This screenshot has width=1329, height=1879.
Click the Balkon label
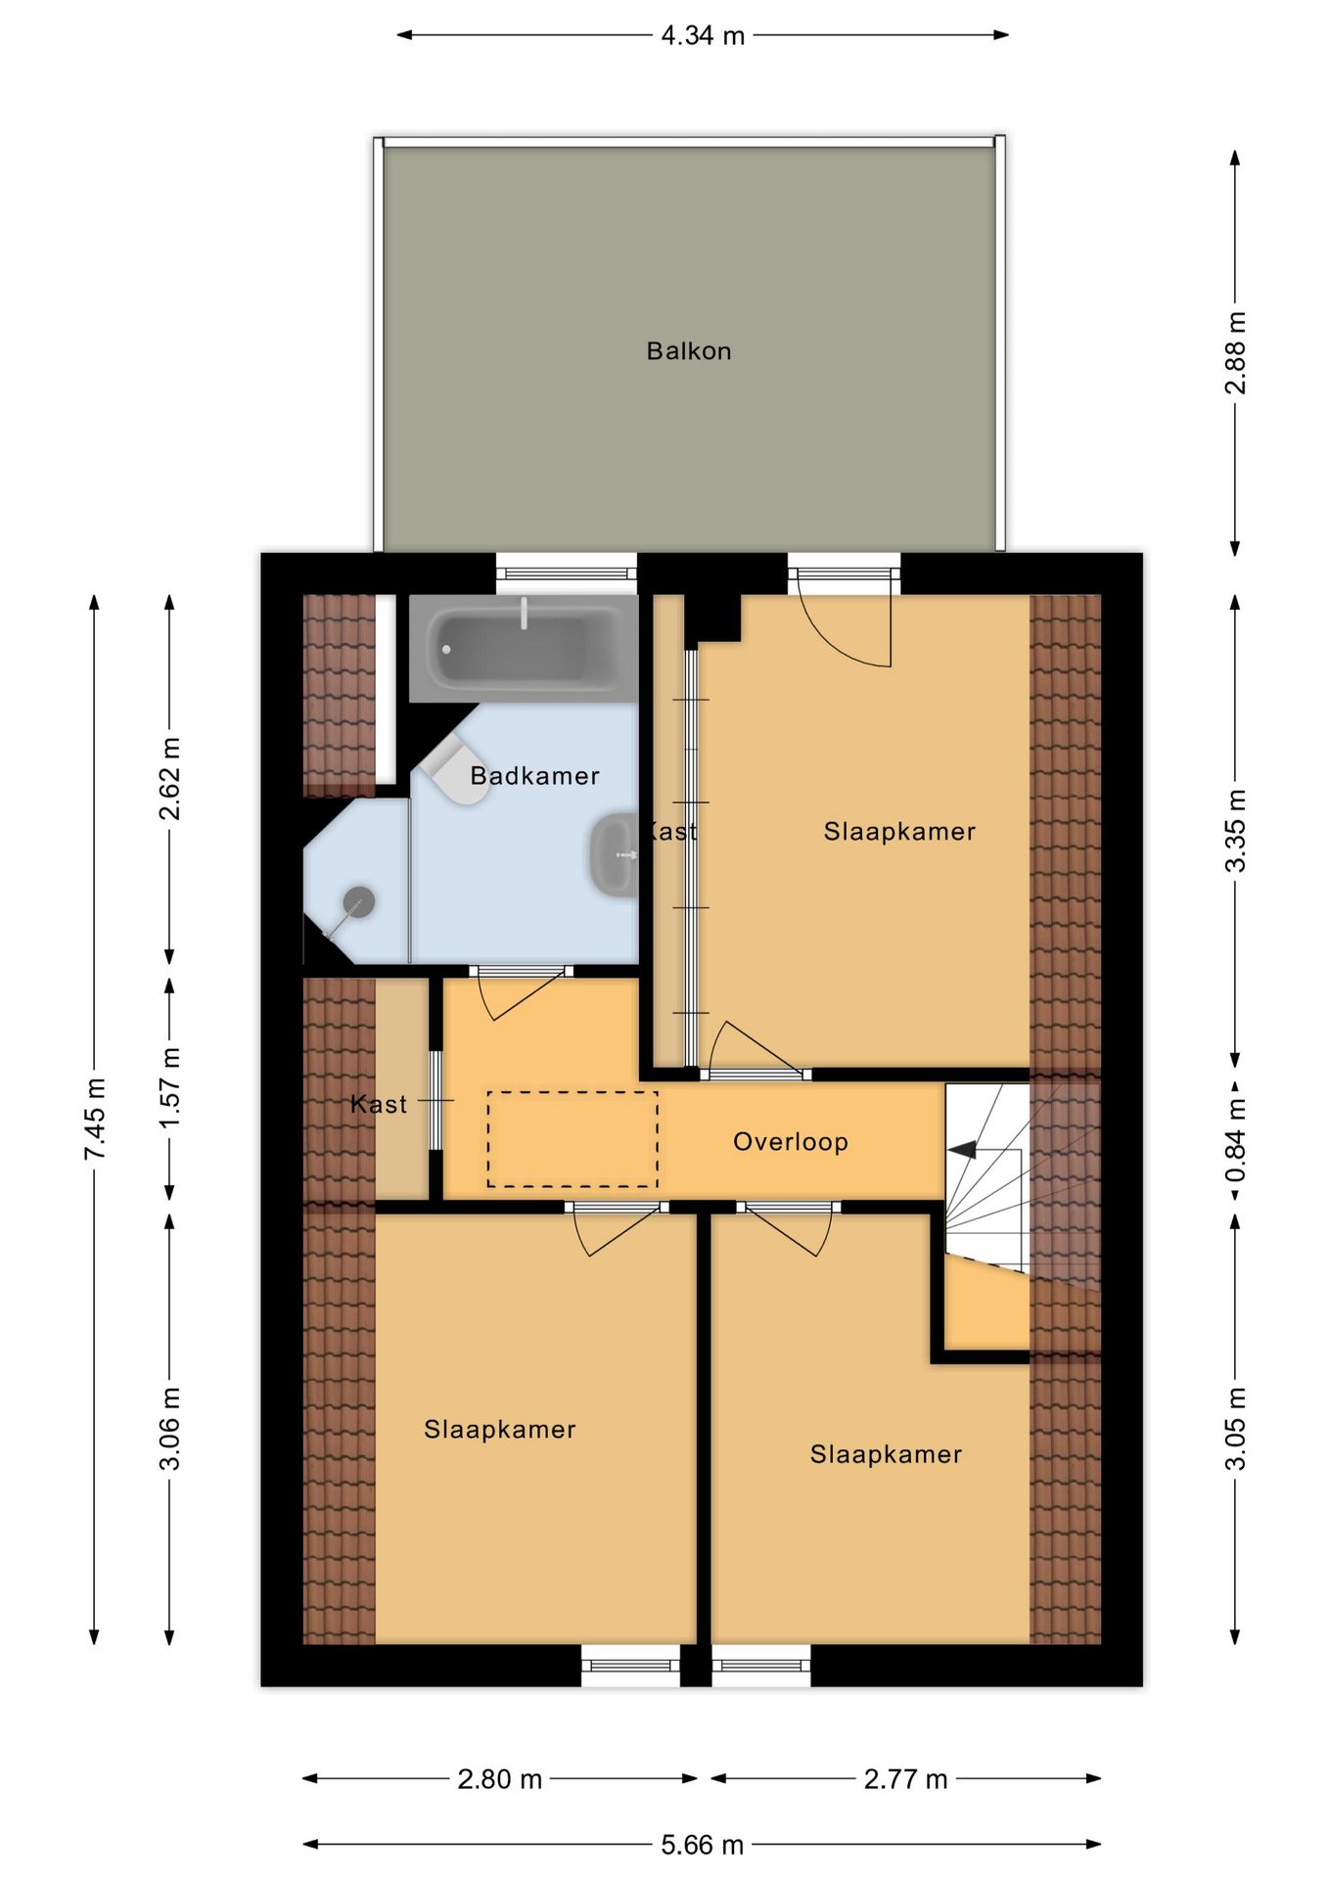click(x=689, y=351)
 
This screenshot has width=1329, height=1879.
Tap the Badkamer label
click(x=534, y=776)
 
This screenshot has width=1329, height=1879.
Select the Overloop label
click(x=791, y=1142)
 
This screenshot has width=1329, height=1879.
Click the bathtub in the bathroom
click(x=523, y=648)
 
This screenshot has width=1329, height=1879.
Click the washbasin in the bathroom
click(x=614, y=853)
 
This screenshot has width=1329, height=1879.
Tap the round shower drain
click(x=359, y=900)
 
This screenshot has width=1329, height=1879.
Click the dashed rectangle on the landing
click(x=573, y=1139)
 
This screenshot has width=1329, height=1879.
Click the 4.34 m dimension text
click(x=703, y=36)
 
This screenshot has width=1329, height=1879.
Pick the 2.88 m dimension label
click(x=1236, y=353)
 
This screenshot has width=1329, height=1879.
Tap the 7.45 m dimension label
click(x=95, y=1120)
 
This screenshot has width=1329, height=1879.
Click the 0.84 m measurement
click(x=1236, y=1140)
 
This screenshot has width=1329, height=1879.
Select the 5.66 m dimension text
click(x=703, y=1845)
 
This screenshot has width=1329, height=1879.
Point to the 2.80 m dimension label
click(x=499, y=1779)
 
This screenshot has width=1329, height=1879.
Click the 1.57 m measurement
click(x=170, y=1087)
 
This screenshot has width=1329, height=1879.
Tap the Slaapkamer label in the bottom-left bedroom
click(x=500, y=1430)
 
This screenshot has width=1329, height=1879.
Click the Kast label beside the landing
click(x=379, y=1105)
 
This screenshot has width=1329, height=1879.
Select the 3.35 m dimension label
click(x=1236, y=831)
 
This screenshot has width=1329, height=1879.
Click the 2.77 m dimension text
click(x=905, y=1779)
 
